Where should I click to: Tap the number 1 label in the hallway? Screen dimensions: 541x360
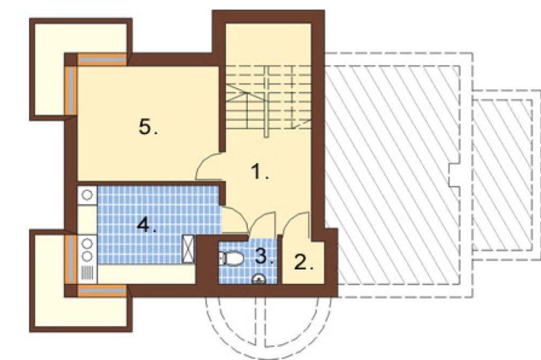click(x=260, y=171)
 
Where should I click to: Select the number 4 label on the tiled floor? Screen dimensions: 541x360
click(x=147, y=225)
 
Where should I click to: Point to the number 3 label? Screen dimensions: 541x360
click(x=265, y=256)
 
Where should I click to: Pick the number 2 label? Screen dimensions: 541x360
click(x=304, y=262)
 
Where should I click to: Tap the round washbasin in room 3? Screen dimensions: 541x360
click(x=259, y=278)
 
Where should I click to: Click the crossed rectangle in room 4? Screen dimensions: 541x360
click(x=188, y=249)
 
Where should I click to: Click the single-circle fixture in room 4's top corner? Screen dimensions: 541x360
click(x=87, y=195)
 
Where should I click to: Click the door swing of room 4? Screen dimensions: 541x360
click(x=235, y=219)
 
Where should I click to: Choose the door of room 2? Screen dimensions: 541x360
click(x=296, y=225)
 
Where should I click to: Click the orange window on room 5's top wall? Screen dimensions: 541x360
click(x=102, y=59)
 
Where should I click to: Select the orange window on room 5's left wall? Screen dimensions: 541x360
click(x=71, y=90)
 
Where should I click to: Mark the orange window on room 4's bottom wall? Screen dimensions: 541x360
click(x=102, y=291)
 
